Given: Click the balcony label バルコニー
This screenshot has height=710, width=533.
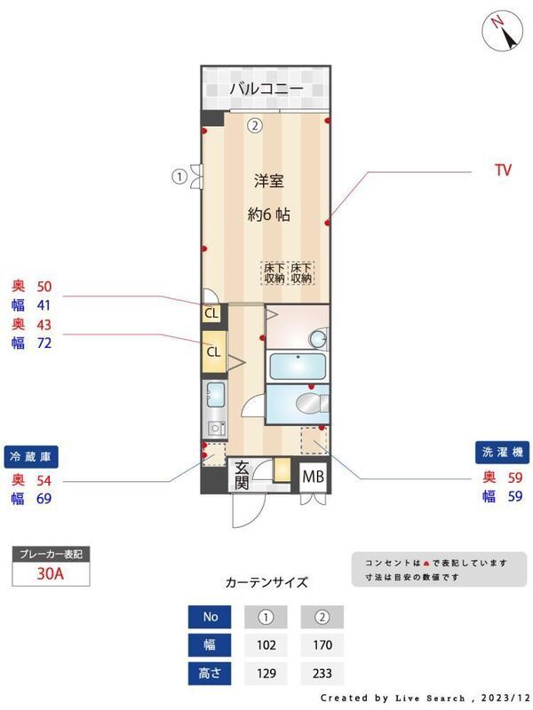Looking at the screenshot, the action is pyautogui.click(x=266, y=88).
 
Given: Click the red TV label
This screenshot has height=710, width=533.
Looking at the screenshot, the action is pyautogui.click(x=503, y=170).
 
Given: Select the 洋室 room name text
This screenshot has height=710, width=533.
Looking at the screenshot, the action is pyautogui.click(x=269, y=181).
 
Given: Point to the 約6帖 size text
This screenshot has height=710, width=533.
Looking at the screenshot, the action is pyautogui.click(x=269, y=214).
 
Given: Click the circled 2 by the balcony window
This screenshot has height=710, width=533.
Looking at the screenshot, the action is pyautogui.click(x=255, y=125).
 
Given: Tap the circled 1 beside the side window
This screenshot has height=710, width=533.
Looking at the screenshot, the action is pyautogui.click(x=179, y=176).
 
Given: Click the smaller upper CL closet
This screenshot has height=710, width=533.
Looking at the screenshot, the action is pyautogui.click(x=211, y=313).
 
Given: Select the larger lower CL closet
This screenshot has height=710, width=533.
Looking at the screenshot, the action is pyautogui.click(x=214, y=351).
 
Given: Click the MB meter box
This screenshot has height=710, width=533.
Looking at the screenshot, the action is pyautogui.click(x=314, y=477).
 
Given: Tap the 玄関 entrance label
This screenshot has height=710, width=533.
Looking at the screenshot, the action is pyautogui.click(x=242, y=476).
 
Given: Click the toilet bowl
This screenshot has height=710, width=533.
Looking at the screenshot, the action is pyautogui.click(x=307, y=403).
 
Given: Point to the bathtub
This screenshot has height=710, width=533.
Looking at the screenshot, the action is pyautogui.click(x=298, y=367).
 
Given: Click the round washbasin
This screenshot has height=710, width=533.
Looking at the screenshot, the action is pyautogui.click(x=317, y=338).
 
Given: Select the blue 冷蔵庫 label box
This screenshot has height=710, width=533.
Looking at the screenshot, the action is pyautogui.click(x=31, y=457).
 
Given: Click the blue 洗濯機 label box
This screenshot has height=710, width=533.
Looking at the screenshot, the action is pyautogui.click(x=502, y=453).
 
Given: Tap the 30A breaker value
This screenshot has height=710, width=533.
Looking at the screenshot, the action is pyautogui.click(x=51, y=573).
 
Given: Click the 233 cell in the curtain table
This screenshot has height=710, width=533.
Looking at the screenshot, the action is pyautogui.click(x=322, y=674).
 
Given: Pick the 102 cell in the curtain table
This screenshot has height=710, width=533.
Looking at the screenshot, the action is pyautogui.click(x=266, y=645).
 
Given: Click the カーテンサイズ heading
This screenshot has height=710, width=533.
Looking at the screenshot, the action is pyautogui.click(x=266, y=582).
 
